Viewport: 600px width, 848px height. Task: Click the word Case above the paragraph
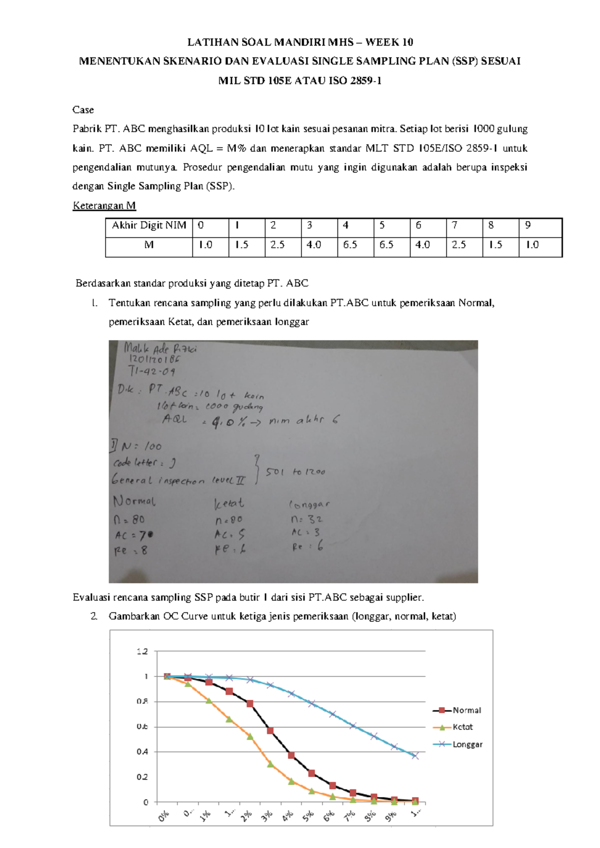tap(83, 110)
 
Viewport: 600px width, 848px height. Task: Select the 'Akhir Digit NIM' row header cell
tap(149, 225)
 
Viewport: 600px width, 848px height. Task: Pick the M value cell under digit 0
tap(210, 245)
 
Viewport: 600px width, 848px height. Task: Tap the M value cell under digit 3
tap(319, 245)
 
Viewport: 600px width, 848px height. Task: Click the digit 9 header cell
tap(540, 225)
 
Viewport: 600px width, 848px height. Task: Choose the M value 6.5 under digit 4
tap(355, 245)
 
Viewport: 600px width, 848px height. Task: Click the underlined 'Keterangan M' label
tap(104, 205)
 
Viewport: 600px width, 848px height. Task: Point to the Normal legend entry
tap(466, 710)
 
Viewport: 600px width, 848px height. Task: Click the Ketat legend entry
tap(462, 727)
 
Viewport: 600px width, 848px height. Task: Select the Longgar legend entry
tap(467, 744)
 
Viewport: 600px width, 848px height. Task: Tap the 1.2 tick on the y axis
tap(142, 651)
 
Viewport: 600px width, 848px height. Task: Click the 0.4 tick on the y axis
tap(142, 751)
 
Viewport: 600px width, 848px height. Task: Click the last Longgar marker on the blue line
tap(415, 756)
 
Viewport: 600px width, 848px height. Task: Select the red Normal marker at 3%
tap(270, 731)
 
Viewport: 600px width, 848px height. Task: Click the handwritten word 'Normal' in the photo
tap(134, 501)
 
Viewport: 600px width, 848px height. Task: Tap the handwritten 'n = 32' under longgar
tap(306, 519)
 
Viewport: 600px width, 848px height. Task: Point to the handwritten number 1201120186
tap(154, 358)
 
